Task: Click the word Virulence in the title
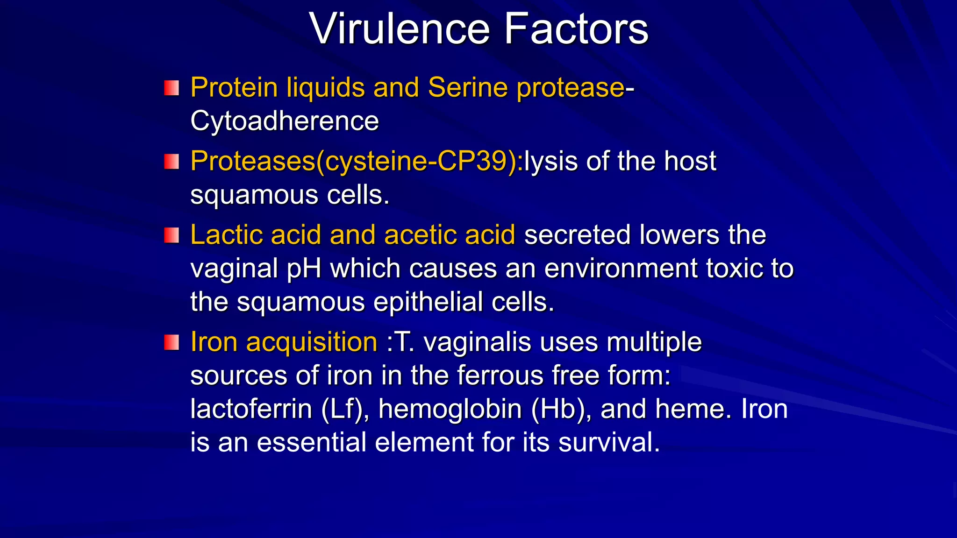(399, 29)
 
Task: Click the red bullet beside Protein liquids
(171, 88)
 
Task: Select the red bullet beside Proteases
(171, 162)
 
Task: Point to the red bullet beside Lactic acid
(171, 235)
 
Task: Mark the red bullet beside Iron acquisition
(171, 342)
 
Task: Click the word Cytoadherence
(285, 121)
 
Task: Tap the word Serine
(468, 87)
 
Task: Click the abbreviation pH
(304, 269)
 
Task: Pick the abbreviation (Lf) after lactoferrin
(343, 410)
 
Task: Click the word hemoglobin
(450, 410)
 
